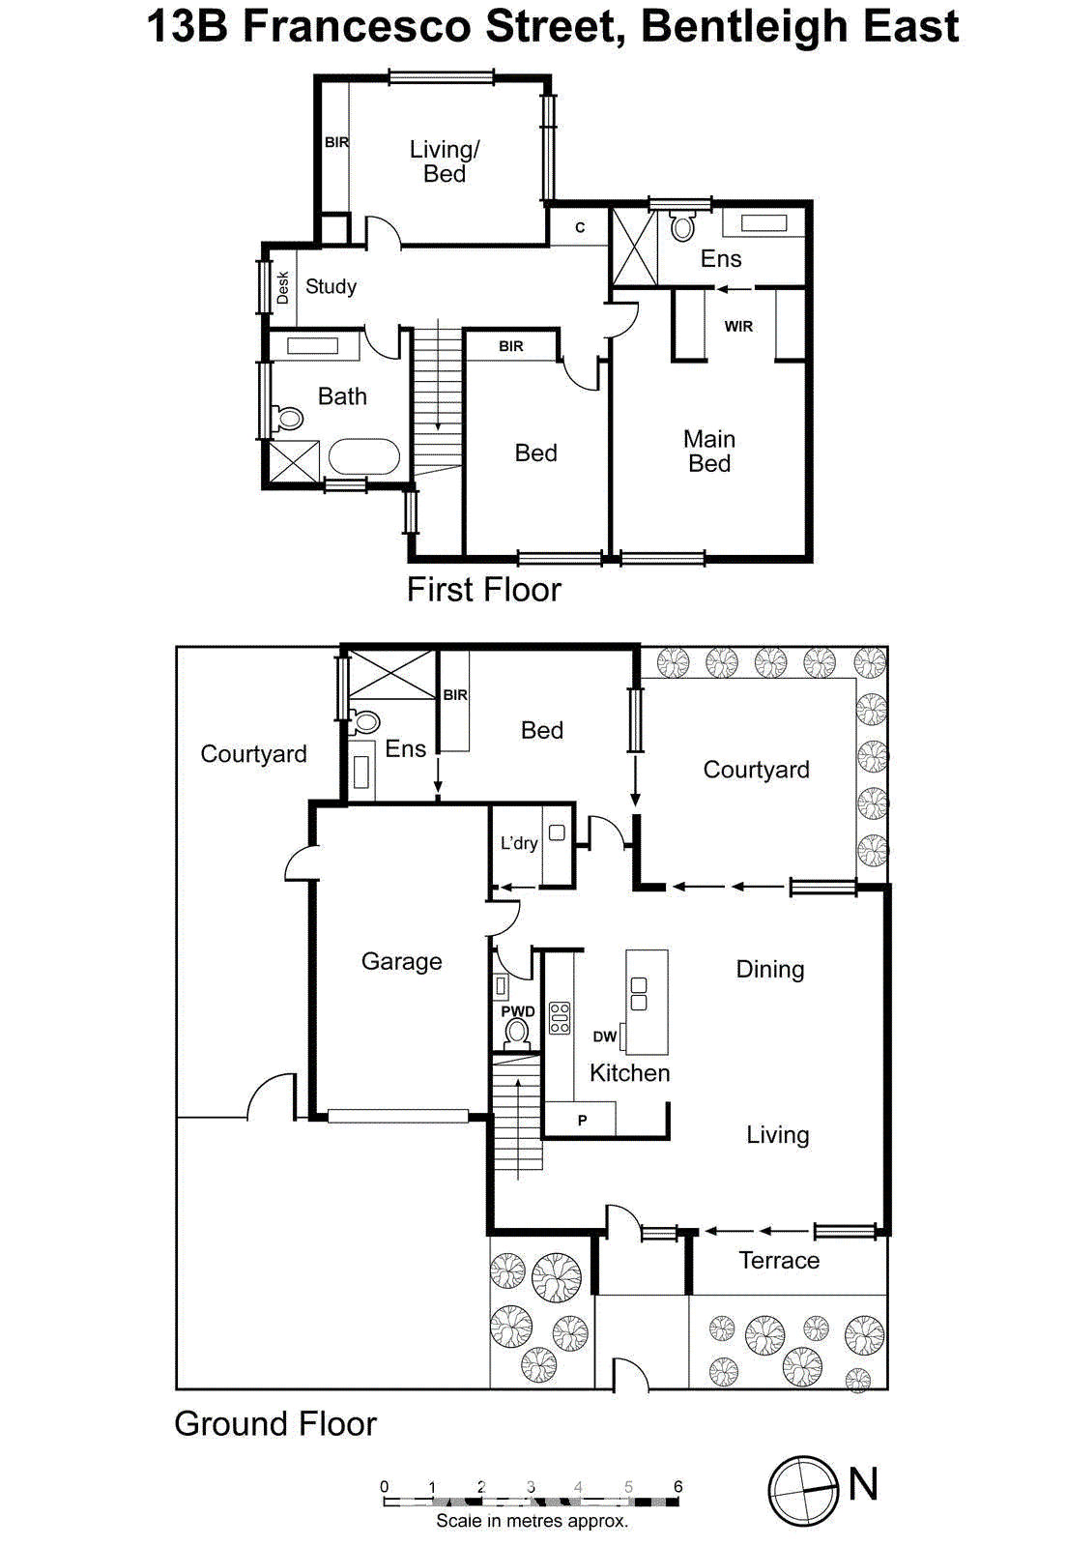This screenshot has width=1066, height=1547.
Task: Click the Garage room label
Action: click(x=401, y=961)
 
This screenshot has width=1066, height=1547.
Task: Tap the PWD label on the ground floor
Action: click(x=518, y=1011)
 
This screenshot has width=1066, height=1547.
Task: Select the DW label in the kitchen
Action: click(x=605, y=1036)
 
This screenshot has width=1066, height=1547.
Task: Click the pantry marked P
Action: click(x=582, y=1120)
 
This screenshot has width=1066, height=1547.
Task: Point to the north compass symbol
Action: click(x=803, y=1490)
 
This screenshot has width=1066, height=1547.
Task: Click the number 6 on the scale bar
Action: click(x=678, y=1486)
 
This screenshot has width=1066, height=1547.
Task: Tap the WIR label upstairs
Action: click(x=738, y=327)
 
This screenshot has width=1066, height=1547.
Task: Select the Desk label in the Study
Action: click(x=282, y=287)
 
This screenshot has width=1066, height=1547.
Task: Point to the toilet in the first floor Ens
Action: click(x=683, y=226)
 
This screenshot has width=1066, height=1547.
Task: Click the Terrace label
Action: click(x=779, y=1260)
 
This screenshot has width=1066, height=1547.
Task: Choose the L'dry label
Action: click(x=519, y=843)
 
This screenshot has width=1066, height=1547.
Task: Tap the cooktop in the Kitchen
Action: click(x=560, y=1018)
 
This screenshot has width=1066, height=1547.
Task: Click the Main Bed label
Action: click(x=709, y=452)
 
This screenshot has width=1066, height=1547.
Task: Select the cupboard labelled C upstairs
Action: click(x=580, y=228)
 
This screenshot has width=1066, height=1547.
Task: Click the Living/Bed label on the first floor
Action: click(x=445, y=161)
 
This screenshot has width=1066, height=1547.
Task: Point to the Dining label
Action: click(x=769, y=969)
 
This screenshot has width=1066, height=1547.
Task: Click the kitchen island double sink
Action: click(x=639, y=994)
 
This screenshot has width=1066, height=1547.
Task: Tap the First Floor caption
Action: click(x=483, y=589)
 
